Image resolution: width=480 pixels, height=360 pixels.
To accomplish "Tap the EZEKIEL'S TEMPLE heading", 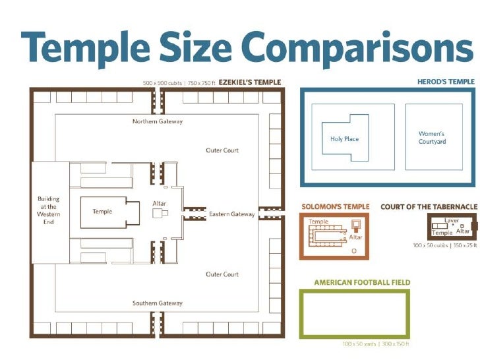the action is [250, 82].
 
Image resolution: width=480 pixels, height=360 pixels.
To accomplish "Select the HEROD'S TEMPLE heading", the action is [446, 82].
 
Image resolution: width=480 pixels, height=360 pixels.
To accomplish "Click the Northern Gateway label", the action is [158, 121].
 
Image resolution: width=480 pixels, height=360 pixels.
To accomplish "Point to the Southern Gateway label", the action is [158, 303].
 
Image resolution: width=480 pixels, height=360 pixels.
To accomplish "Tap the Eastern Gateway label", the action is [231, 214].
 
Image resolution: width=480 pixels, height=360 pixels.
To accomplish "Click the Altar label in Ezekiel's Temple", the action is [159, 203].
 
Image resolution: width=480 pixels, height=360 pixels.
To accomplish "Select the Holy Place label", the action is [344, 139].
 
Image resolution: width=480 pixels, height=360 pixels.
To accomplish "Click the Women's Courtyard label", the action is [432, 137].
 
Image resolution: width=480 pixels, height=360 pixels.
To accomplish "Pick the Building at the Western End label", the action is [48, 210].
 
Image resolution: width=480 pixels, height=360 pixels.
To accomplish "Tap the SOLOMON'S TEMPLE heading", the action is [336, 206].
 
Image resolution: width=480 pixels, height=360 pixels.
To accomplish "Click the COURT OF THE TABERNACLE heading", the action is [429, 207].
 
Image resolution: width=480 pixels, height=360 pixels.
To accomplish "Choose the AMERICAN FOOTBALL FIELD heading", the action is [362, 282].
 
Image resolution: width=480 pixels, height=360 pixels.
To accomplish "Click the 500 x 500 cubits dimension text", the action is [162, 83].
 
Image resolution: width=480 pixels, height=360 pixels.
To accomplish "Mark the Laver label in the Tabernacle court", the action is [452, 220].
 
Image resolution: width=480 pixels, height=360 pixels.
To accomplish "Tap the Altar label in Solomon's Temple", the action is [355, 237].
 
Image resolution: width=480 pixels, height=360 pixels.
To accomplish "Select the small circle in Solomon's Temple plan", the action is [354, 251].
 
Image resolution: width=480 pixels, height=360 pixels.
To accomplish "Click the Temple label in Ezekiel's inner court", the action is [102, 211].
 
